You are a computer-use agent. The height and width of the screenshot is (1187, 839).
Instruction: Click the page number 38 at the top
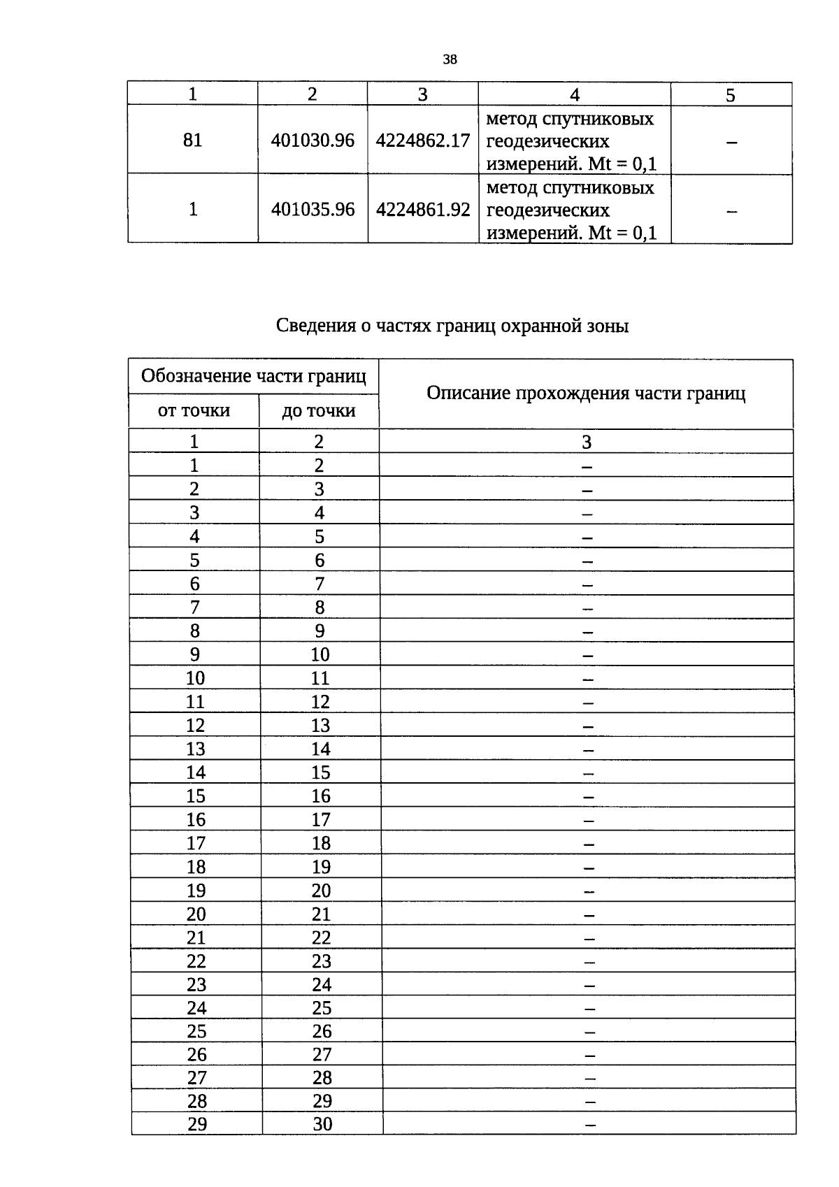(x=450, y=60)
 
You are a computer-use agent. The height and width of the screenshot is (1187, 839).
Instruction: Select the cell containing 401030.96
(x=313, y=141)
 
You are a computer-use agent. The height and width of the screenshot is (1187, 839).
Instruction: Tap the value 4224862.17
(x=423, y=141)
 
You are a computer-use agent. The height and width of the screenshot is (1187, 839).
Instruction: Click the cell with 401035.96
(x=313, y=209)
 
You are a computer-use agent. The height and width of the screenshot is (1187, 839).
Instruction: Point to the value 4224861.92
(x=423, y=209)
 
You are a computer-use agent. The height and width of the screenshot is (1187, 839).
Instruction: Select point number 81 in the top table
(x=192, y=141)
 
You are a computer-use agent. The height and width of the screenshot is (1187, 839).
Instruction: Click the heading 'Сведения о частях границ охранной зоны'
(x=452, y=326)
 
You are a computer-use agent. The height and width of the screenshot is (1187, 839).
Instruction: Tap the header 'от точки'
(x=194, y=410)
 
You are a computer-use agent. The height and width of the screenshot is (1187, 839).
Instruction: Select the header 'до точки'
(x=319, y=411)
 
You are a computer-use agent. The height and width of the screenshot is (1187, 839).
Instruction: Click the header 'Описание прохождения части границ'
(x=586, y=394)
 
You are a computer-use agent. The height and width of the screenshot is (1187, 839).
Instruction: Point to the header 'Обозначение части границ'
(x=253, y=377)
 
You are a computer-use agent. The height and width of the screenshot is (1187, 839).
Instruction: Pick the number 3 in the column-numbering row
(x=587, y=442)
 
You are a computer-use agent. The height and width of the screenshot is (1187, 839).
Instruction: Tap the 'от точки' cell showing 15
(x=196, y=796)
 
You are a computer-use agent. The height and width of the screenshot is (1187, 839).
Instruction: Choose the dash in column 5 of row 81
(x=731, y=142)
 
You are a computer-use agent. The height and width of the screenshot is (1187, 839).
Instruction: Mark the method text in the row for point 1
(x=571, y=210)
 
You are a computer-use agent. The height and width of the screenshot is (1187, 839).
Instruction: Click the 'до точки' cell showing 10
(x=320, y=655)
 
